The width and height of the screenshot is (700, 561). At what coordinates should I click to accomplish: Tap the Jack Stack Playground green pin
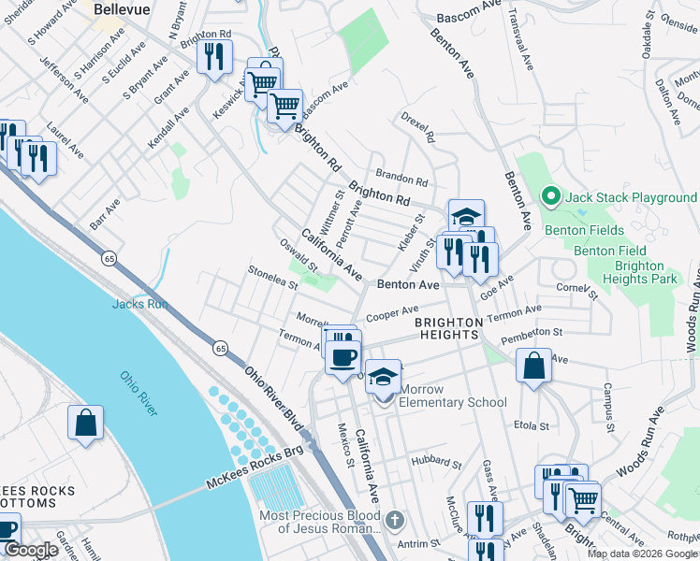click(551, 197)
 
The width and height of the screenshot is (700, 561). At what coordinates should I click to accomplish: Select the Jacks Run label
click(139, 303)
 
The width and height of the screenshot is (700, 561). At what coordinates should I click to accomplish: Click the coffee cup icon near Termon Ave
click(344, 356)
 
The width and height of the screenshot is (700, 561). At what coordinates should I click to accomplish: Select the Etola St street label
click(531, 425)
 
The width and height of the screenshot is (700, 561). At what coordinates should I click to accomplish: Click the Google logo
click(31, 550)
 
